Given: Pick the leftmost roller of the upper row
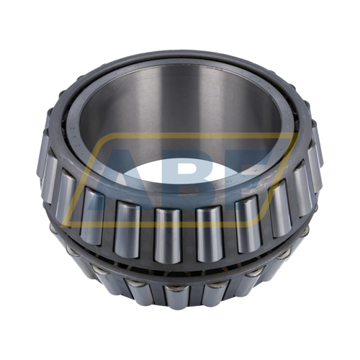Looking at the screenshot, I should pos(48,163).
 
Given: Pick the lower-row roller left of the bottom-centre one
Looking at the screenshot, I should pos(137,289).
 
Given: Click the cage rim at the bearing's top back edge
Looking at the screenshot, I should pos(180,54).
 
